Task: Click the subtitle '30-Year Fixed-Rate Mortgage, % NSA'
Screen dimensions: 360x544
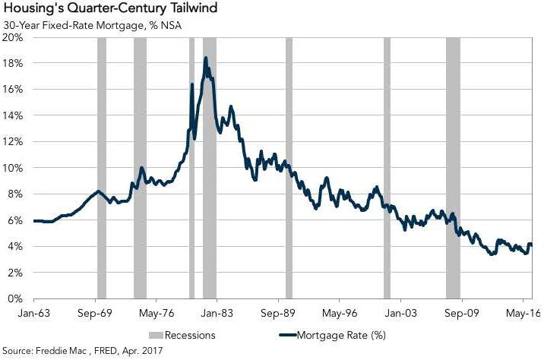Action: (92, 24)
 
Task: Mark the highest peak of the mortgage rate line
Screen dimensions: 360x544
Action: (205, 58)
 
